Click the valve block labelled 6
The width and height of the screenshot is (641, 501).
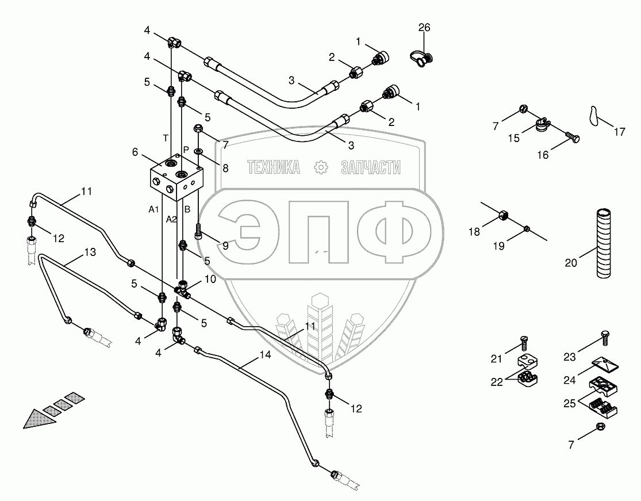(x=175, y=178)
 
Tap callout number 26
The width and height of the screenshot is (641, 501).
(x=424, y=28)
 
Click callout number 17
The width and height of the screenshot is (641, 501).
(x=619, y=132)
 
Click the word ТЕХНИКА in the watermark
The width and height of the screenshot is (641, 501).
(x=274, y=167)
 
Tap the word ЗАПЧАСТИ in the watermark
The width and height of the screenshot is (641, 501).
(x=371, y=167)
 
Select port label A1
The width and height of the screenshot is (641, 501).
(x=153, y=210)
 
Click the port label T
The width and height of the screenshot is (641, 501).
(x=166, y=137)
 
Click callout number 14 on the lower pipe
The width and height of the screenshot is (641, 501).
(x=264, y=355)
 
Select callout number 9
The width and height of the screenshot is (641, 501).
(x=225, y=246)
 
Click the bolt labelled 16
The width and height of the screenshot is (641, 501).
(x=573, y=137)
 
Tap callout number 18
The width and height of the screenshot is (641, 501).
(x=473, y=231)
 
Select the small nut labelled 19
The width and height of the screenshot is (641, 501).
(x=527, y=230)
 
